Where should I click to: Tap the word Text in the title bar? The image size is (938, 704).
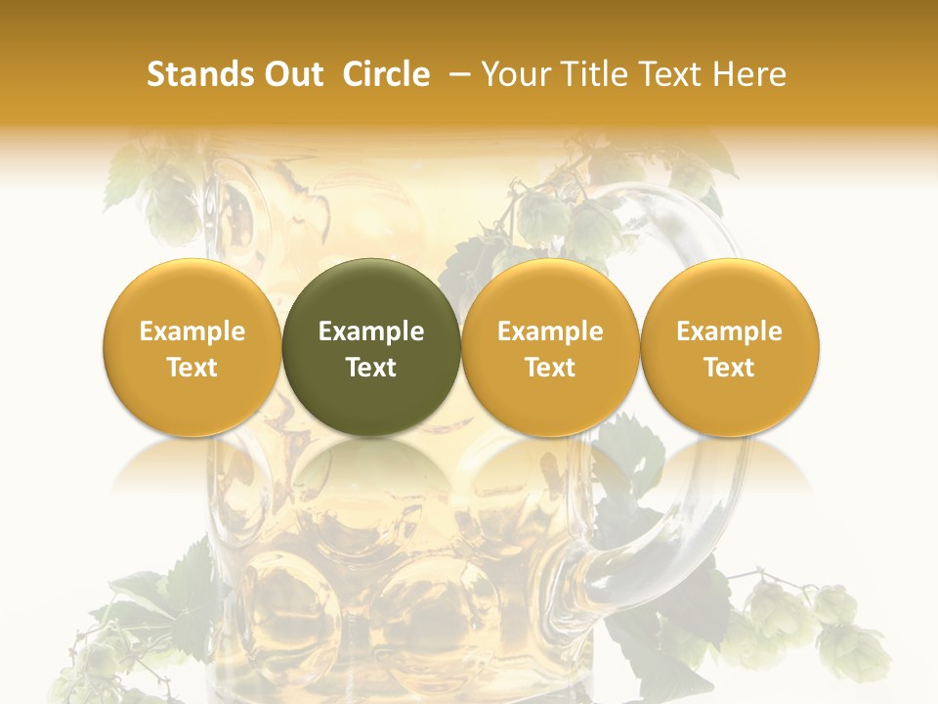click(x=666, y=74)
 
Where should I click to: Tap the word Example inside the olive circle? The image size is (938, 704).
click(x=371, y=331)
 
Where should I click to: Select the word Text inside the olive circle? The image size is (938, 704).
click(x=371, y=368)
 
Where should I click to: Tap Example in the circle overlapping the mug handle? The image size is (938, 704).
click(x=729, y=331)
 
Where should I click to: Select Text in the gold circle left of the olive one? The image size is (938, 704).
click(x=192, y=368)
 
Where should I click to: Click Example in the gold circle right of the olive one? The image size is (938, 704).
click(x=550, y=331)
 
